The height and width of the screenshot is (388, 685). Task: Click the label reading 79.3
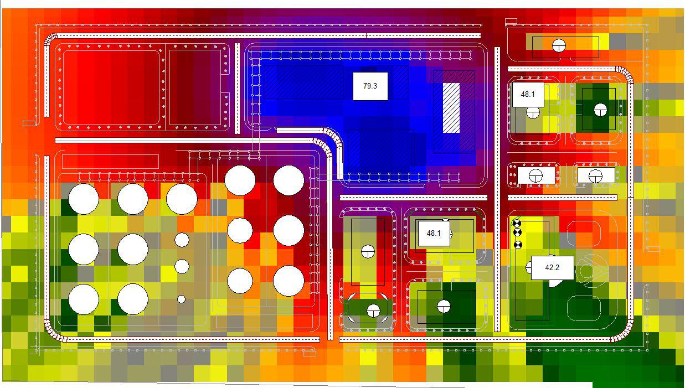click(370, 86)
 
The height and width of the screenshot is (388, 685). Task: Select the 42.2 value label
click(552, 268)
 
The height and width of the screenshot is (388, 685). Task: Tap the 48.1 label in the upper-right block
click(528, 95)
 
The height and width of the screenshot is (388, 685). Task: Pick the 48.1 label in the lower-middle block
click(433, 234)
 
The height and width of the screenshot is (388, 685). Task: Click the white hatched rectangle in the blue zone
click(451, 108)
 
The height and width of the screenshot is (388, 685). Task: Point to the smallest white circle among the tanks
click(181, 299)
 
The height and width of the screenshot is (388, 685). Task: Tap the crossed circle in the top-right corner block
click(559, 45)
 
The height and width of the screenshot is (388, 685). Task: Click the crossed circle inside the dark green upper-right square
click(600, 110)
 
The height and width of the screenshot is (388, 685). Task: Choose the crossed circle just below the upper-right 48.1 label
click(533, 113)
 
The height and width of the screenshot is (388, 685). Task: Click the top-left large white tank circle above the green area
click(84, 199)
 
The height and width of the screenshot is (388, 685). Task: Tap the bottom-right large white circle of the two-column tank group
click(289, 281)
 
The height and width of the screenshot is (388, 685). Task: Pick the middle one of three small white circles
click(182, 266)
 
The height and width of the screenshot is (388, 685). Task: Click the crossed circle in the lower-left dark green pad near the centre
click(373, 311)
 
